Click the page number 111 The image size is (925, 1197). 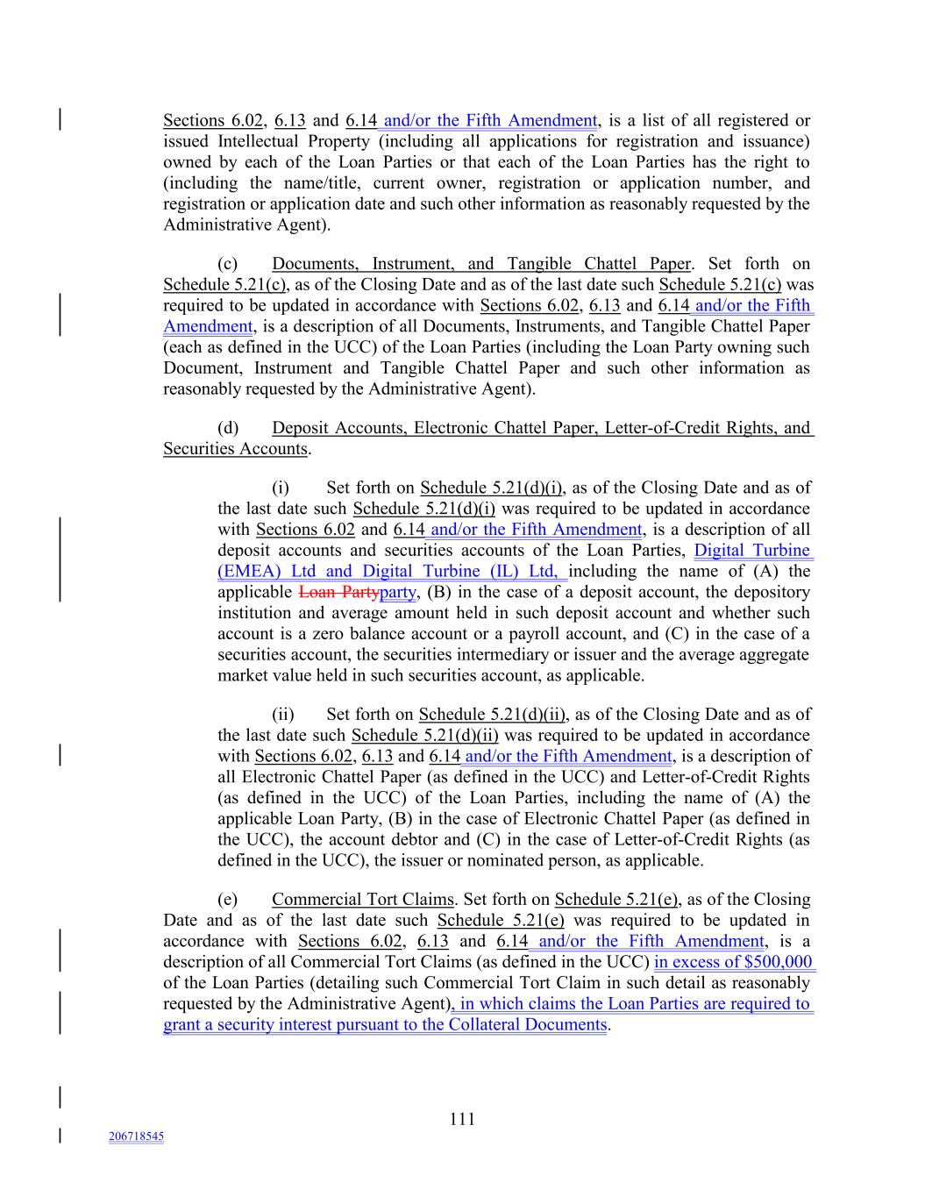click(x=462, y=1118)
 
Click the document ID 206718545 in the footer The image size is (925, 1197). click(x=136, y=1136)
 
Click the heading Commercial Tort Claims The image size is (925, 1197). click(x=362, y=899)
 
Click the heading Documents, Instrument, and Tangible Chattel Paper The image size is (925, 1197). click(x=480, y=264)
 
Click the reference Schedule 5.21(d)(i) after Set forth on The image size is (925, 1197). click(x=492, y=488)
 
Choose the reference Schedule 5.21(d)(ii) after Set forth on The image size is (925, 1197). click(x=492, y=715)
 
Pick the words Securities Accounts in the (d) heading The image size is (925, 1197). click(x=235, y=449)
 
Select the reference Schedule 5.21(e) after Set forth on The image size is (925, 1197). click(x=616, y=899)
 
